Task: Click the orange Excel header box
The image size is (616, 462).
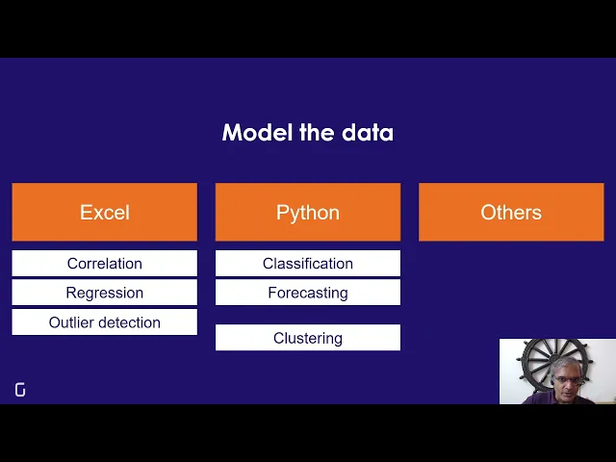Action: pyautogui.click(x=104, y=212)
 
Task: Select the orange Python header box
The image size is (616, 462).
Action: pyautogui.click(x=308, y=212)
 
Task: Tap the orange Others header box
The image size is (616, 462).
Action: pyautogui.click(x=511, y=212)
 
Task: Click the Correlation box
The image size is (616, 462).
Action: pyautogui.click(x=104, y=264)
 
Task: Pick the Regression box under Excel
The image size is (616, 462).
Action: pyautogui.click(x=104, y=293)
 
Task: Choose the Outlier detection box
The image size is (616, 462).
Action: pyautogui.click(x=104, y=322)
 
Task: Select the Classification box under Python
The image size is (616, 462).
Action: pyautogui.click(x=308, y=264)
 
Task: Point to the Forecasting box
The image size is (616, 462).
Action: pyautogui.click(x=308, y=293)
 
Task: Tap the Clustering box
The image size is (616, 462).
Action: pyautogui.click(x=308, y=338)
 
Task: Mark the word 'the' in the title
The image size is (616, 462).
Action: pyautogui.click(x=316, y=133)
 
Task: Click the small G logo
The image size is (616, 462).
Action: pyautogui.click(x=20, y=390)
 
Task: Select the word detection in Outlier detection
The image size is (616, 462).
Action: pyautogui.click(x=128, y=322)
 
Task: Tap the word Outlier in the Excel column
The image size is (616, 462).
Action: pyautogui.click(x=70, y=322)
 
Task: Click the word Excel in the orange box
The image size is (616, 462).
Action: pyautogui.click(x=104, y=212)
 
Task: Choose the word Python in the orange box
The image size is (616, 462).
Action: pyautogui.click(x=308, y=212)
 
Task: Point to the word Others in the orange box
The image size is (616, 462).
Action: pyautogui.click(x=511, y=212)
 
